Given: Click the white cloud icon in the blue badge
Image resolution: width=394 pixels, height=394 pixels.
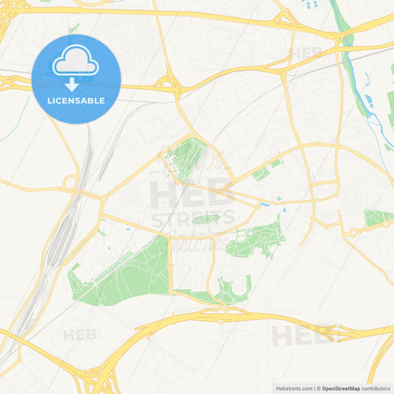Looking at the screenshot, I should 76,64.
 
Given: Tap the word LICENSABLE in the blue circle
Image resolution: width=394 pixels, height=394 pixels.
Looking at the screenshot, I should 77,101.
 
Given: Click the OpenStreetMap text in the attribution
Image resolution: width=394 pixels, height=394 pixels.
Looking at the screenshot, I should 340,388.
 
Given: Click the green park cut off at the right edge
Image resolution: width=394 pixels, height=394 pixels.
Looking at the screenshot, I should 378,217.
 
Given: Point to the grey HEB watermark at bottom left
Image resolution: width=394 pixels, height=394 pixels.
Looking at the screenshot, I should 80,335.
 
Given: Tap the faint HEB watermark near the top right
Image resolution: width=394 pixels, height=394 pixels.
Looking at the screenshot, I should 306,53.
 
